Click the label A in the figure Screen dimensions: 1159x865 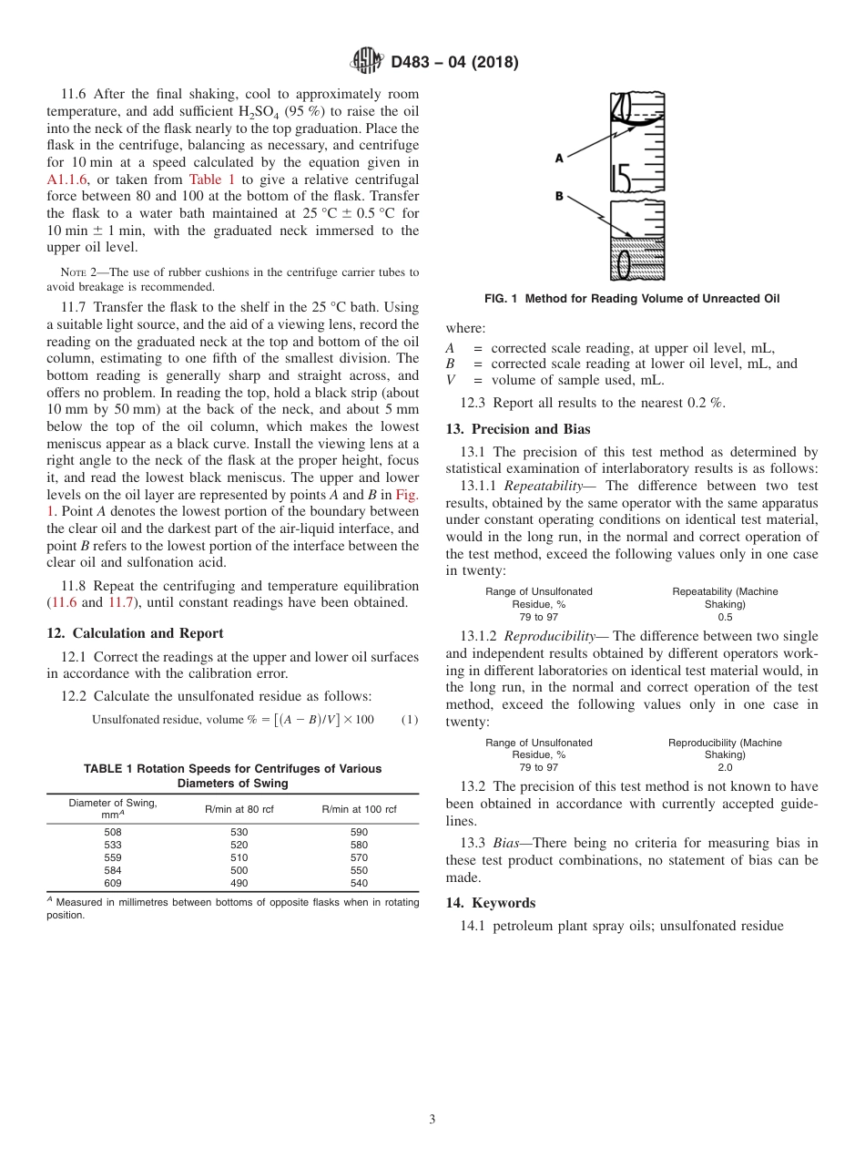tap(559, 158)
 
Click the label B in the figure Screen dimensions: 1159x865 tap(559, 196)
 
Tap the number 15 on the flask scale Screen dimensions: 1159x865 tap(622, 176)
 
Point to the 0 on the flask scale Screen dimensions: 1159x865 tap(624, 263)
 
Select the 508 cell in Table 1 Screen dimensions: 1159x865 tap(113, 832)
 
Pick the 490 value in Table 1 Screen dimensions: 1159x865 tap(239, 883)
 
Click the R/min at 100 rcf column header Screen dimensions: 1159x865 tap(359, 809)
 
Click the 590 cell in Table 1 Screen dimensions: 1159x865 tap(359, 832)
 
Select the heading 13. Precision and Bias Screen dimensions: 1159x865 tap(517, 429)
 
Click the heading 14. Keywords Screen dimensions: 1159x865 tap(490, 903)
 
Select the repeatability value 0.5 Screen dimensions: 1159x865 tap(725, 617)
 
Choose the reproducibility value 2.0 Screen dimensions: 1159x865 tap(725, 767)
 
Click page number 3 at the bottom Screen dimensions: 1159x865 tap(432, 1119)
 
